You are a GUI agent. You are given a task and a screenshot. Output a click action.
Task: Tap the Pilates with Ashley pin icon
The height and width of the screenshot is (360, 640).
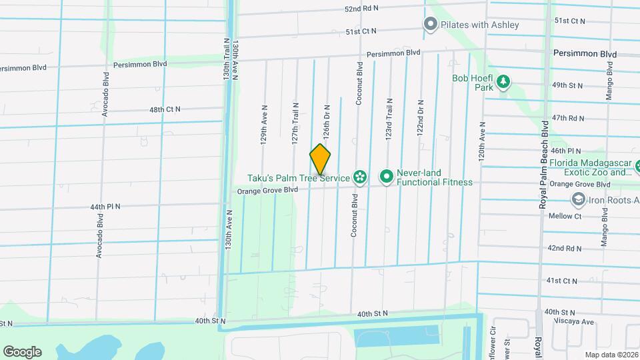point(431,25)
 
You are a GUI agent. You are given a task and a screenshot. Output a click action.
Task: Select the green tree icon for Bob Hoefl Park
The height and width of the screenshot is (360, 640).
point(505,82)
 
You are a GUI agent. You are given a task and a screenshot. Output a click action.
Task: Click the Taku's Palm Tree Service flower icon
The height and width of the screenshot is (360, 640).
point(360,177)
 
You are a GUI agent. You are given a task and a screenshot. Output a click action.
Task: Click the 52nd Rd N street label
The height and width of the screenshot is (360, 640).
point(361,9)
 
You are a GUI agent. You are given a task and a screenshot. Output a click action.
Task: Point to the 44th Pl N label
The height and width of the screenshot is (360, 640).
point(105,207)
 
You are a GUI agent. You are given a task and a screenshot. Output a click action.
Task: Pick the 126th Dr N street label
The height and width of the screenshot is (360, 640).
point(327,117)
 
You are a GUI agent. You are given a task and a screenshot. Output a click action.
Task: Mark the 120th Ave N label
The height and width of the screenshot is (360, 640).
point(481,143)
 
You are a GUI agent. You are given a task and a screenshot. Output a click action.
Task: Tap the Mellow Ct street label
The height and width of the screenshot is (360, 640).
point(565,216)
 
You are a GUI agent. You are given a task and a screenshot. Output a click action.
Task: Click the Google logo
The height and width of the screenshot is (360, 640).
point(22,351)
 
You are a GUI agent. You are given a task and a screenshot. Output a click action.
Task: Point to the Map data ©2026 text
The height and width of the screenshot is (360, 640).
point(611,355)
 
